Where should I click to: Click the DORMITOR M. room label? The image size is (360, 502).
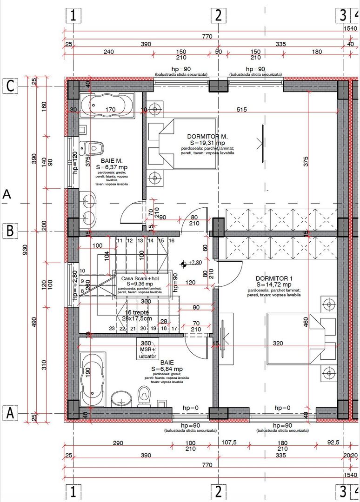(207, 137)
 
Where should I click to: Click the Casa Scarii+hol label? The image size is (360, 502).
(140, 278)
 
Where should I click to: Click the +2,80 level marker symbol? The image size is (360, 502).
(185, 263)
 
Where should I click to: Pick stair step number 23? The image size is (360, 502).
(112, 329)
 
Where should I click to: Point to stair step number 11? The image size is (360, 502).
(120, 240)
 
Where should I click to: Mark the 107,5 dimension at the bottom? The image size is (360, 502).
(228, 443)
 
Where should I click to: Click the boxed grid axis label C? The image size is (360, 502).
(10, 86)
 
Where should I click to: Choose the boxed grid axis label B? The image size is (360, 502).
(10, 230)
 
